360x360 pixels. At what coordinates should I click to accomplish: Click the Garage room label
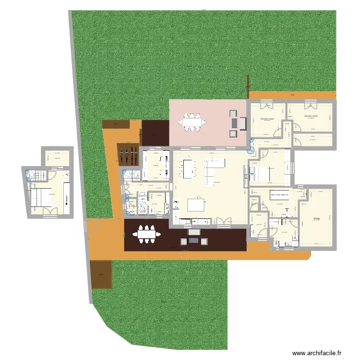click(317, 218)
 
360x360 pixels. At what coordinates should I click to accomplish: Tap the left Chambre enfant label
click(267, 119)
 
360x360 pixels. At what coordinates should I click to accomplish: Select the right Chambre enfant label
click(311, 116)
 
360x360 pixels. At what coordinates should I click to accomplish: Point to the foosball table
click(129, 155)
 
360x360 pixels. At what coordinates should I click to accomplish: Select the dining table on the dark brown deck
click(148, 235)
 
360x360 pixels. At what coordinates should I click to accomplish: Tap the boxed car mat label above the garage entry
click(279, 195)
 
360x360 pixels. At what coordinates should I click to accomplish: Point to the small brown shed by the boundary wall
click(101, 275)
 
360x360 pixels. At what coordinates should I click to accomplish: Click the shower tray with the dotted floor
click(143, 205)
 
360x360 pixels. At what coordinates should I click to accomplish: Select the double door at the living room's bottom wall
click(223, 221)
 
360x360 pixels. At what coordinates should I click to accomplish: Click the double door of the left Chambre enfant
click(266, 106)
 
